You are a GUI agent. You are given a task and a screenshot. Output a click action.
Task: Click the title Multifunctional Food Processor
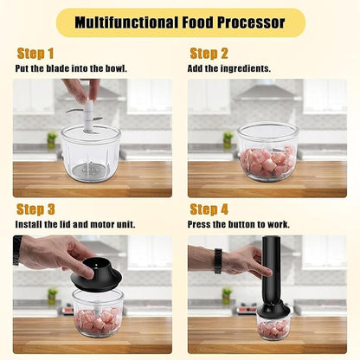180,22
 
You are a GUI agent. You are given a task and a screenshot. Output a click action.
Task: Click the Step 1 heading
35,54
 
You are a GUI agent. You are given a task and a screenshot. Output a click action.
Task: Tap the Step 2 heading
209,54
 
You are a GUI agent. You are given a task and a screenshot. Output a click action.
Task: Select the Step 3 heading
36,209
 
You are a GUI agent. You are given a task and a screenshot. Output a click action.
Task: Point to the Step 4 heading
209,209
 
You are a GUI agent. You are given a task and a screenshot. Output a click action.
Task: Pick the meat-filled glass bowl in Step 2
267,151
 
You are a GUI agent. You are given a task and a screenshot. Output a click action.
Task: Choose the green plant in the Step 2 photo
228,138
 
